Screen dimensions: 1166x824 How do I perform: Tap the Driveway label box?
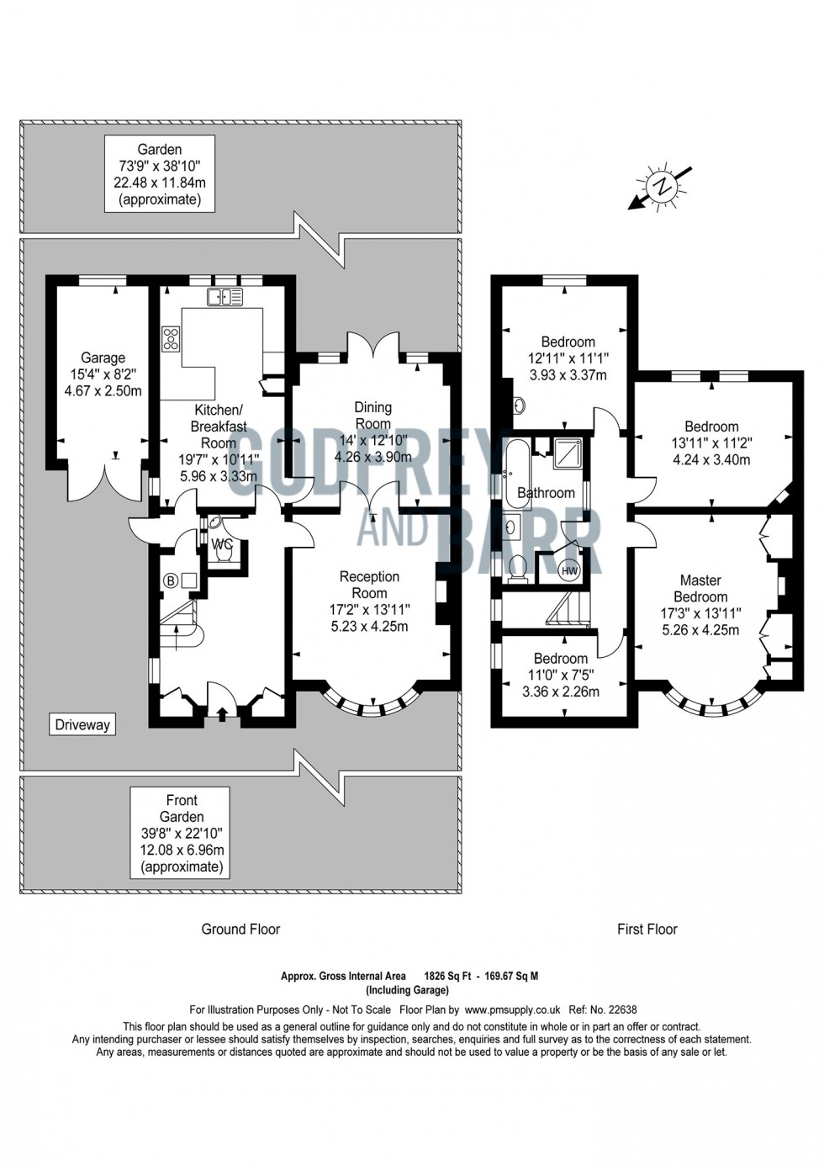click(x=82, y=724)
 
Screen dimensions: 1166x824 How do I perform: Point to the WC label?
click(x=222, y=544)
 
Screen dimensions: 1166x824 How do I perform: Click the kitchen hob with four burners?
click(x=172, y=338)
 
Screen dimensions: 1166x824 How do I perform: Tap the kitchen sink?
click(x=224, y=296)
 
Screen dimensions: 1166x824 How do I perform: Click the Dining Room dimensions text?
click(x=372, y=449)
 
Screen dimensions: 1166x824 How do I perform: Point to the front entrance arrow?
click(x=222, y=714)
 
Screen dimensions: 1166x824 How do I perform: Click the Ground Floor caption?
click(x=240, y=929)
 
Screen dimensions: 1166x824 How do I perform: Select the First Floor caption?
click(x=647, y=929)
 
